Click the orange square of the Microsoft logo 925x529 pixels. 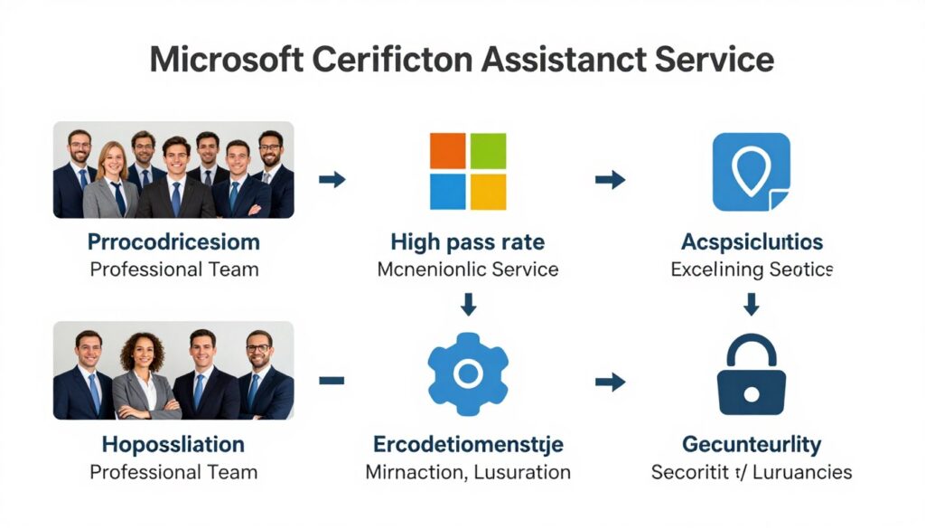click(x=447, y=151)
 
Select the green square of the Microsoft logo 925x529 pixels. click(x=488, y=151)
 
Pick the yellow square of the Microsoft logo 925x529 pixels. click(x=488, y=192)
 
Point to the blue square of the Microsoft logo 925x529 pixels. click(x=447, y=192)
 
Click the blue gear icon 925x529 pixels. click(x=468, y=373)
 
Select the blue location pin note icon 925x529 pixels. click(x=751, y=172)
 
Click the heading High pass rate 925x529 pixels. click(x=467, y=242)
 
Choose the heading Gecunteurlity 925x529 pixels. click(x=752, y=444)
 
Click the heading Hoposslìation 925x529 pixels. click(x=173, y=444)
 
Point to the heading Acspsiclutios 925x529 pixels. click(x=752, y=242)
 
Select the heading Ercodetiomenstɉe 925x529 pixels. click(x=468, y=444)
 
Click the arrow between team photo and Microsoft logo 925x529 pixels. click(x=332, y=179)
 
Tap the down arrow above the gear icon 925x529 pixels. click(x=468, y=304)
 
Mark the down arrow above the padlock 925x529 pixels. click(x=752, y=304)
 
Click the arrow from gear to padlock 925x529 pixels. click(x=611, y=382)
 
